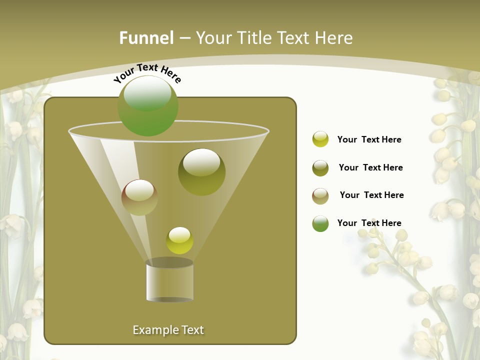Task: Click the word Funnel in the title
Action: click(146, 37)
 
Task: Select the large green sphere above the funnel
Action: click(147, 105)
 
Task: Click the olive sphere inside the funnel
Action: click(201, 171)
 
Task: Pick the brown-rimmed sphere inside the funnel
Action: click(139, 197)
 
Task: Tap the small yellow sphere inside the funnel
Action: click(179, 240)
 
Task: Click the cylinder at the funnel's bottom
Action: click(169, 281)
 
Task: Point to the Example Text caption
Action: click(168, 330)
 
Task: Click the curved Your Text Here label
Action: click(147, 73)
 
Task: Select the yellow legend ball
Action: click(320, 139)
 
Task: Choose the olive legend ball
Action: click(320, 168)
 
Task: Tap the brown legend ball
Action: click(320, 196)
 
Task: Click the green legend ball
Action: click(320, 223)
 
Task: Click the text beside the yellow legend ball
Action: click(369, 139)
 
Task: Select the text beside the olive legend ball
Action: click(370, 167)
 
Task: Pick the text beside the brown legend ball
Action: click(371, 195)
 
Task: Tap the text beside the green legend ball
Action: click(369, 223)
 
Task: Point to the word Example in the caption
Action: click(155, 330)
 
